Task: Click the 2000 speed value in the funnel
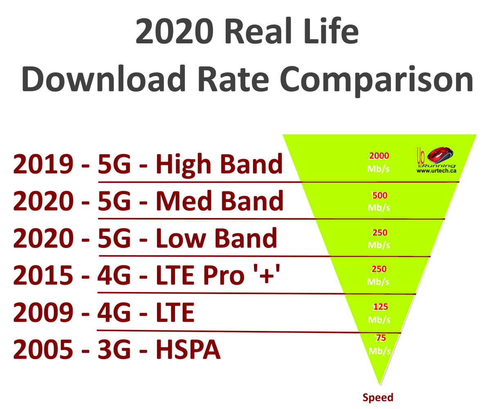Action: [x=379, y=156]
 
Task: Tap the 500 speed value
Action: [x=379, y=196]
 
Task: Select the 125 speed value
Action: [x=380, y=307]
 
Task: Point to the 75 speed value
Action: [x=381, y=338]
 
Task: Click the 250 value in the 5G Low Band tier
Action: [x=379, y=233]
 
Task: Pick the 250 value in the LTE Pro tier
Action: [x=379, y=269]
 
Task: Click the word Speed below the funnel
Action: [x=378, y=398]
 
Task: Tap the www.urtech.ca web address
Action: [x=436, y=171]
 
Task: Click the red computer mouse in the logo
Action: [x=441, y=155]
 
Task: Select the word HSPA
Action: [x=188, y=350]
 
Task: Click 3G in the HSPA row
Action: [x=114, y=350]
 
